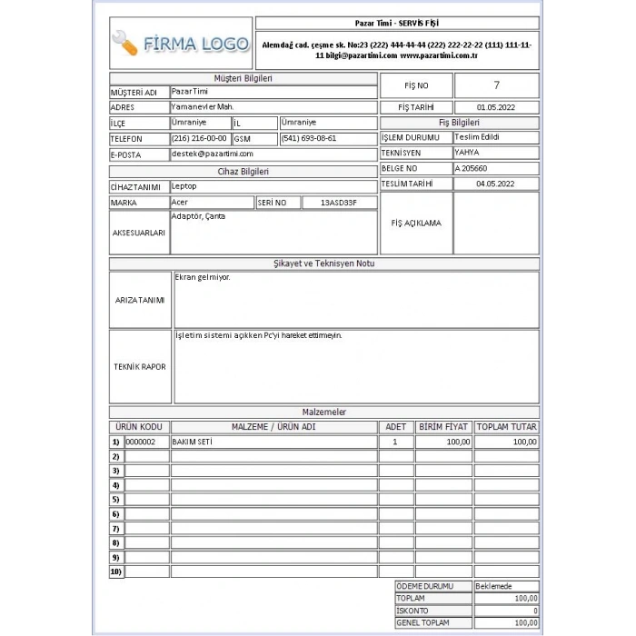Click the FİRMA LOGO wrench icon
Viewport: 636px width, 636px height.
pyautogui.click(x=125, y=44)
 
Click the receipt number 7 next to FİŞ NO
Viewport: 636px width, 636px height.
pyautogui.click(x=496, y=85)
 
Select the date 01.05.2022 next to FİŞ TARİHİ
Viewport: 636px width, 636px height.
pyautogui.click(x=495, y=107)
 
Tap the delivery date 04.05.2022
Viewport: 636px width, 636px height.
pyautogui.click(x=495, y=184)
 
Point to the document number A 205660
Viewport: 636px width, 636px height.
pyautogui.click(x=472, y=168)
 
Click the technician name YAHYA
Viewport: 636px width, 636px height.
pyautogui.click(x=467, y=153)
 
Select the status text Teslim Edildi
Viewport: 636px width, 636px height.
pyautogui.click(x=477, y=137)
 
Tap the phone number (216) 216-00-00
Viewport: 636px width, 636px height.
pyautogui.click(x=199, y=138)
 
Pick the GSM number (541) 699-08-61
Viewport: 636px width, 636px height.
pyautogui.click(x=309, y=138)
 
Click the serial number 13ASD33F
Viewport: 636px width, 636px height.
pyautogui.click(x=338, y=202)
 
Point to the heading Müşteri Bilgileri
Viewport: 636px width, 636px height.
pyautogui.click(x=243, y=78)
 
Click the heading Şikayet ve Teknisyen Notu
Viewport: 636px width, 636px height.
pyautogui.click(x=323, y=263)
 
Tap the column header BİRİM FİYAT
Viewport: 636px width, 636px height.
pyautogui.click(x=443, y=427)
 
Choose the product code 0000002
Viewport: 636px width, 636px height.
pyautogui.click(x=141, y=442)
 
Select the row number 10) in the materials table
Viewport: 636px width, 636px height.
pyautogui.click(x=115, y=572)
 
